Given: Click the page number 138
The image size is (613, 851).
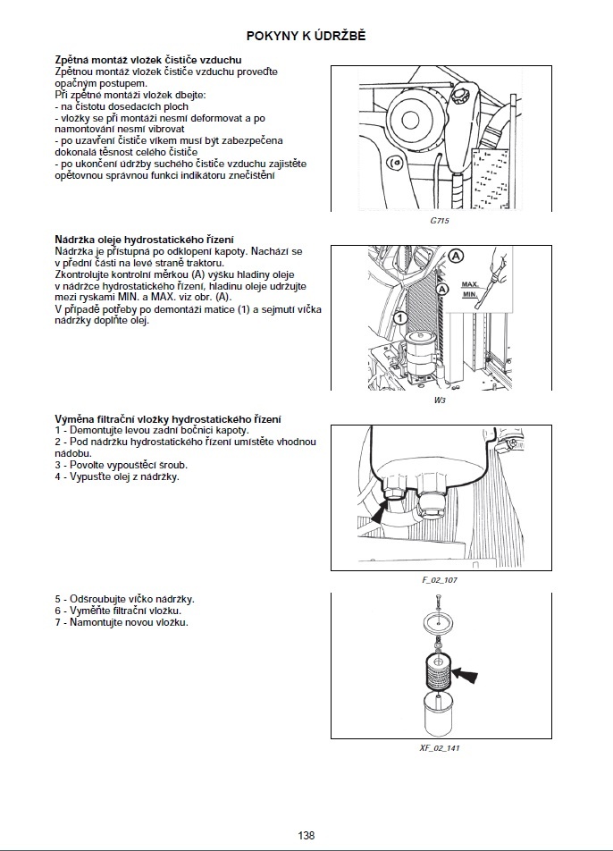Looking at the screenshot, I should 306,835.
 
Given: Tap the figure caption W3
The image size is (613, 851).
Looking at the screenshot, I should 439,400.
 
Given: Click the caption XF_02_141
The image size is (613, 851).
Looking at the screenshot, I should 439,747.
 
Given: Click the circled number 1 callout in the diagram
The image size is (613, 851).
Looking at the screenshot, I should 401,317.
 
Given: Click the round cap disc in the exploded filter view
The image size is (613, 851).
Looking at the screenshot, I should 438,622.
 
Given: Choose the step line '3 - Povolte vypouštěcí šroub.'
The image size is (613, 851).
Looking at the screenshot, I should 121,465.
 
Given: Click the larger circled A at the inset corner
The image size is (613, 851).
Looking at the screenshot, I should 456,256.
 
